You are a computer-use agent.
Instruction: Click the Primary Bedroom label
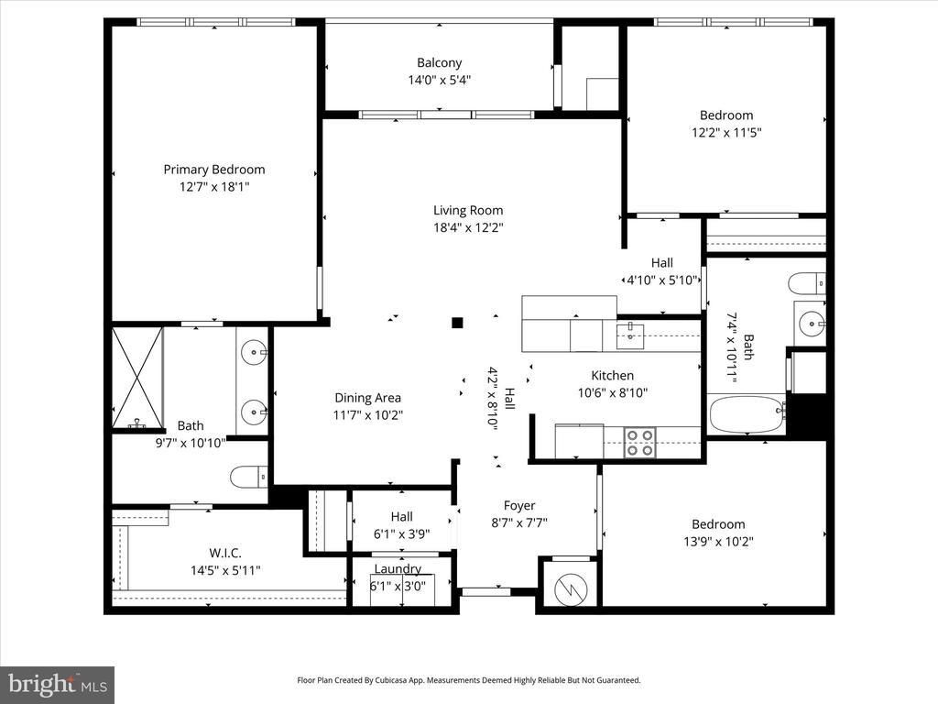tap(214, 170)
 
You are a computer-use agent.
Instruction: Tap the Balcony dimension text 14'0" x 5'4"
tap(440, 80)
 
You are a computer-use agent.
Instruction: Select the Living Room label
tap(468, 210)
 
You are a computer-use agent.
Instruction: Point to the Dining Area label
tap(368, 398)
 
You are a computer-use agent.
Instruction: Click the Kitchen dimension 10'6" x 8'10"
tap(613, 392)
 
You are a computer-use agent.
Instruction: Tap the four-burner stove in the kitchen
tap(639, 443)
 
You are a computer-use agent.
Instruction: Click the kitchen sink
tap(630, 335)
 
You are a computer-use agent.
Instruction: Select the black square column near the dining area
tap(457, 323)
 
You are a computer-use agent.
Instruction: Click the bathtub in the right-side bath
tap(747, 413)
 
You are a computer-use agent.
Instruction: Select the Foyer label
tap(519, 505)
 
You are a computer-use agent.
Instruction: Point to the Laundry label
tap(398, 568)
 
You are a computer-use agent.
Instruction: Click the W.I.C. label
tap(225, 553)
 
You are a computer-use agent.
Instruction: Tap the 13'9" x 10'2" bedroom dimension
tap(718, 542)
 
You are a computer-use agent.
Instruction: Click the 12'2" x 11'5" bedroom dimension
tap(726, 132)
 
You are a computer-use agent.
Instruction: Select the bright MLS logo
tap(58, 685)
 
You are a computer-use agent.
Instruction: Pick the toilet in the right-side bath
tap(807, 283)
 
